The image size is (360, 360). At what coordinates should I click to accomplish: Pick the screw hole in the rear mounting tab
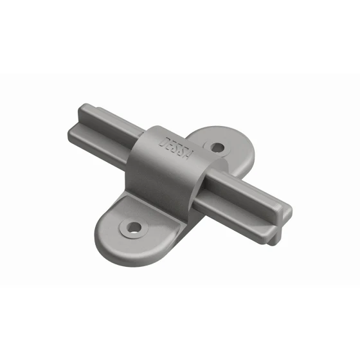[x=218, y=147]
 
